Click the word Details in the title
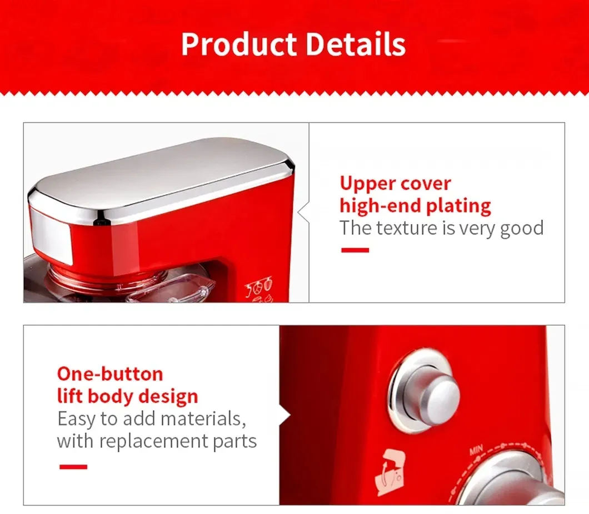(x=356, y=44)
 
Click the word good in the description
(x=521, y=229)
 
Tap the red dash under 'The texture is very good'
(x=355, y=250)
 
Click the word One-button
(x=110, y=374)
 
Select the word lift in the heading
(x=69, y=396)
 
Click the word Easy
(x=77, y=419)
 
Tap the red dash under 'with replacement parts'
(x=73, y=467)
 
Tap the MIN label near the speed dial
(x=477, y=450)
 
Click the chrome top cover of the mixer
(x=161, y=178)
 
